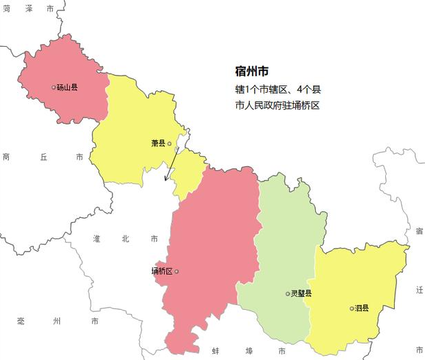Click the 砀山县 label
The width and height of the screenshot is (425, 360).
[x=67, y=87]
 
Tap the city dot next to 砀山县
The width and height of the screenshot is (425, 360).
[x=54, y=87]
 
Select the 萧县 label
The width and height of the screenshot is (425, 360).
[x=158, y=144]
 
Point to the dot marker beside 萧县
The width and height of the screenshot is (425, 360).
[x=170, y=144]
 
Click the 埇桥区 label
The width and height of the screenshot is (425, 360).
[x=162, y=271]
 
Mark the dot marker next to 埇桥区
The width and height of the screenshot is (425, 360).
[x=176, y=271]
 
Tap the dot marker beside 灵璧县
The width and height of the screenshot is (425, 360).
[x=288, y=293]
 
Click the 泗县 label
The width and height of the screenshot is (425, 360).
[x=361, y=308]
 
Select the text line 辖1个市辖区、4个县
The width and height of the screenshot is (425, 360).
[x=278, y=89]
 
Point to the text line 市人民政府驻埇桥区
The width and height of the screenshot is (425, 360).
[x=278, y=106]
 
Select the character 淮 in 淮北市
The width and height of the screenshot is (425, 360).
[x=97, y=238]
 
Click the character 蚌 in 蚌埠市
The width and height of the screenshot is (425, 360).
[x=216, y=351]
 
